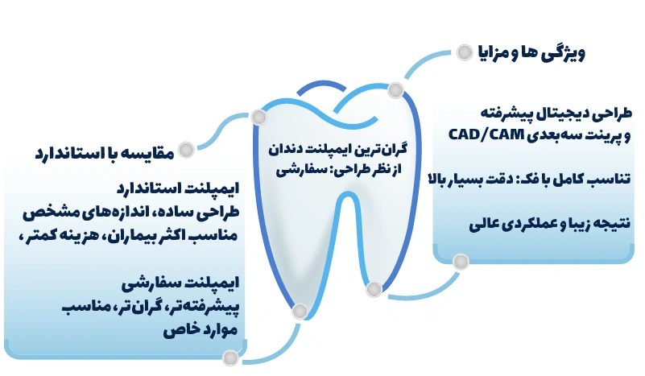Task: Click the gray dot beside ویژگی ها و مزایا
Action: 464,52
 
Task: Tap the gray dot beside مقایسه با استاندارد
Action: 187,150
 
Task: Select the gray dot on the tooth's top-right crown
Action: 395,89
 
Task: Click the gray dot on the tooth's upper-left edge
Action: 258,118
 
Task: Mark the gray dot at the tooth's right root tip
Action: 374,288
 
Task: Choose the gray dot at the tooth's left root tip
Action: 300,311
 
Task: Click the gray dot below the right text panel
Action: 461,262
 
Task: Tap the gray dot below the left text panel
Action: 231,357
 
